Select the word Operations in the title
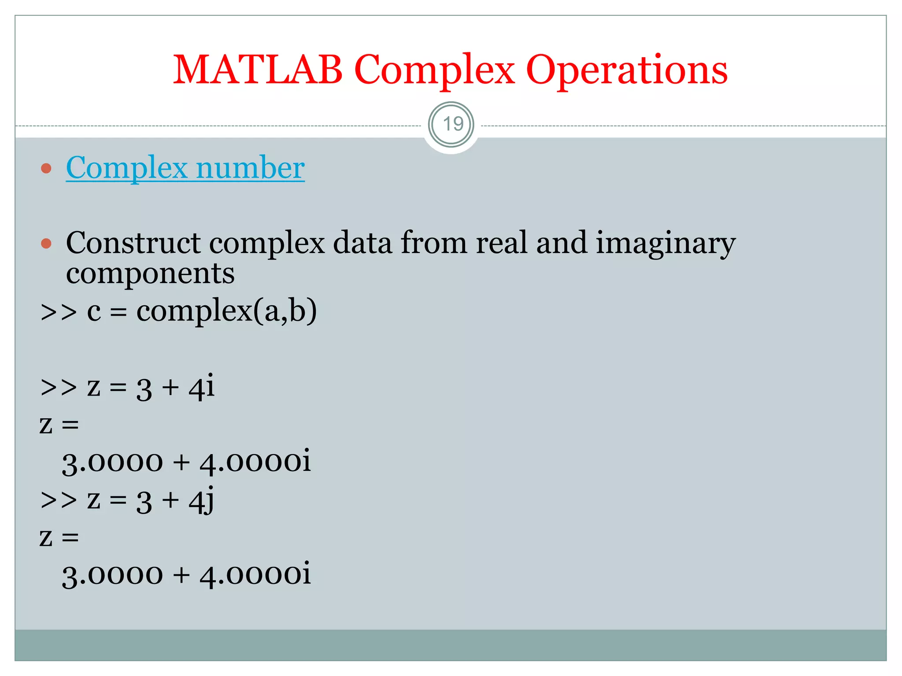click(x=626, y=70)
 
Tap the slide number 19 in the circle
click(x=452, y=124)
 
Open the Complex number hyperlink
click(x=185, y=168)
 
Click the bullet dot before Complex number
click(x=46, y=168)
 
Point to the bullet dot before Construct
click(x=46, y=243)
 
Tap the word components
click(x=150, y=274)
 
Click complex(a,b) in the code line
click(x=226, y=311)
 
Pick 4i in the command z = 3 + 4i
click(x=201, y=386)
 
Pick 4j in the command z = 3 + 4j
click(x=201, y=500)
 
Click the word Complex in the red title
click(x=434, y=70)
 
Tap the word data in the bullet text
click(x=362, y=243)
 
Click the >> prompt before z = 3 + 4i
click(x=58, y=387)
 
